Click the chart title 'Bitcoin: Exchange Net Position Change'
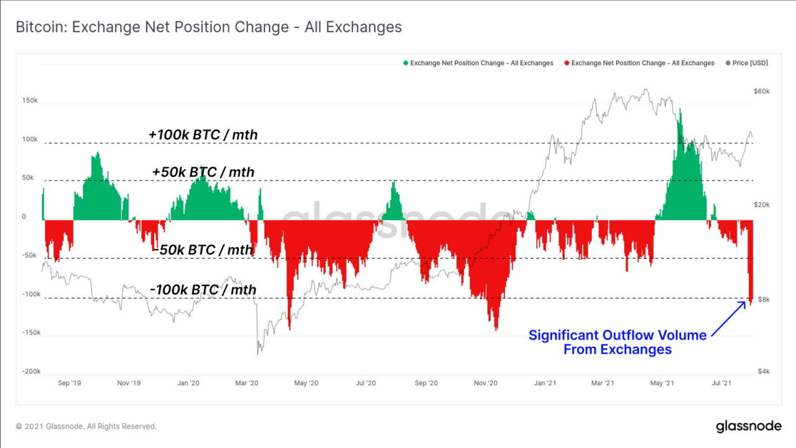point(208,27)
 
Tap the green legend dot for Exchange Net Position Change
point(406,63)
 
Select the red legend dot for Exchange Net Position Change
point(567,63)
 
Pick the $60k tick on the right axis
point(761,91)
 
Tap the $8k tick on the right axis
point(764,299)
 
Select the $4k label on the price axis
point(764,371)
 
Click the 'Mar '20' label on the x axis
point(246,383)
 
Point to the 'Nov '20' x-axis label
point(485,383)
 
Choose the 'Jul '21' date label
point(721,383)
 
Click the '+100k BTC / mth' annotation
point(203,134)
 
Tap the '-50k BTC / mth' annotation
point(203,250)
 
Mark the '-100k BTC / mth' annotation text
point(203,289)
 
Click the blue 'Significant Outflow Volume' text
point(618,335)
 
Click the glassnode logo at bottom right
point(748,426)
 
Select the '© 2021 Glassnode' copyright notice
point(86,426)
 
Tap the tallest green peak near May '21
point(680,111)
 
